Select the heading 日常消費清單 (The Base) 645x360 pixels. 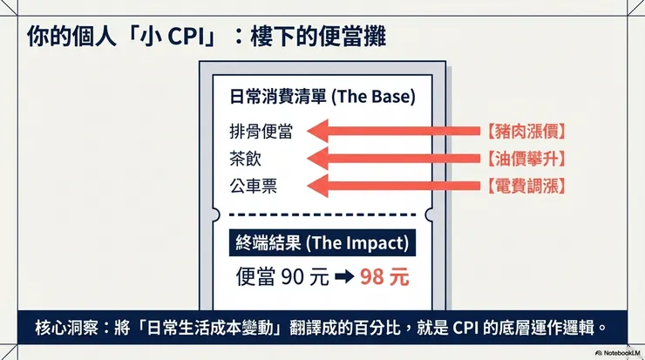pos(322,95)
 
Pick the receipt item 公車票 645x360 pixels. pos(253,186)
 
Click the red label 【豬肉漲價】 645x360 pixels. pos(526,132)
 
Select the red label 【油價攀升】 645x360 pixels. pos(526,159)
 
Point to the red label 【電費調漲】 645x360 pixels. pos(526,186)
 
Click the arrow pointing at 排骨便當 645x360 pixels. pos(392,132)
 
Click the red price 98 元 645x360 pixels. pos(384,277)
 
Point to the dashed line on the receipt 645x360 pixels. pos(322,214)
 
